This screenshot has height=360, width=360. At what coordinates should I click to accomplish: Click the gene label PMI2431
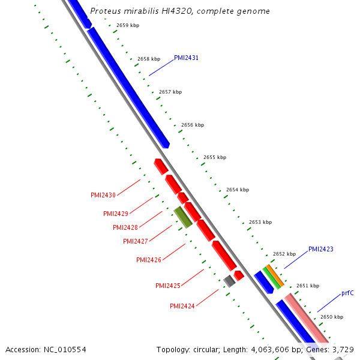click(x=186, y=58)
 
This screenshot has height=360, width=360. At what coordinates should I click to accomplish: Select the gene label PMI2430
click(x=103, y=196)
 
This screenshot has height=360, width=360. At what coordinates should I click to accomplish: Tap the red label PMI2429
click(x=115, y=214)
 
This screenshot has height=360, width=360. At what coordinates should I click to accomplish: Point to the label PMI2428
click(x=125, y=228)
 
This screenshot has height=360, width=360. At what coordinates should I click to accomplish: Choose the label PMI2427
click(x=135, y=241)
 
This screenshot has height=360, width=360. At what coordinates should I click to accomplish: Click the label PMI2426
click(x=148, y=260)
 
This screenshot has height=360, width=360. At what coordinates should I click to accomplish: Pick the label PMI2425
click(x=167, y=286)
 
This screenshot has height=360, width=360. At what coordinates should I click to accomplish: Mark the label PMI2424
click(x=182, y=306)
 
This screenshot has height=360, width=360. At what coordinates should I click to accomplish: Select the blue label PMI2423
click(x=320, y=249)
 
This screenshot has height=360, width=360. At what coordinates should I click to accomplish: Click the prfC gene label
click(x=347, y=293)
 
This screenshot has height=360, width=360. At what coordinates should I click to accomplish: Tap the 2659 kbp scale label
click(x=127, y=25)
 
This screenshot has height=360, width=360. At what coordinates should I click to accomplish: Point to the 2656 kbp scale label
click(x=192, y=125)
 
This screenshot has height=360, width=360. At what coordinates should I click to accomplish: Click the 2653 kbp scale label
click(x=260, y=222)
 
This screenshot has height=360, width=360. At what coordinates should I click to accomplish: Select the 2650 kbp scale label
click(x=331, y=317)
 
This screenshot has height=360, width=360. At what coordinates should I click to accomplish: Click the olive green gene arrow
click(x=183, y=217)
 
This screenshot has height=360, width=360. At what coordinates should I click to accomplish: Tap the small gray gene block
click(x=229, y=281)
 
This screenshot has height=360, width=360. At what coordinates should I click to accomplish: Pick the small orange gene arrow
click(x=275, y=275)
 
